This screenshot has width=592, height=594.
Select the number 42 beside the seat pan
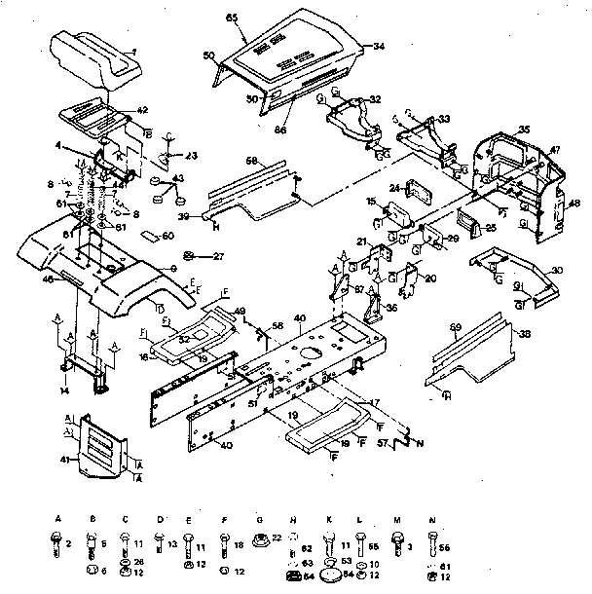coord(141,110)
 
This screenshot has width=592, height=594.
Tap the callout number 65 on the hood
coord(232,19)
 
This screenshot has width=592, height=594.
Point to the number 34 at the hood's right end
coord(379,46)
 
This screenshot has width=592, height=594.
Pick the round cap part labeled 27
coord(191,256)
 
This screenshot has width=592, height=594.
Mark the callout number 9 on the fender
coord(172,269)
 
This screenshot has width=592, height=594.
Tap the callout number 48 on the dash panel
coord(574,204)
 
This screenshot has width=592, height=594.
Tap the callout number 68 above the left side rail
coord(250,160)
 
